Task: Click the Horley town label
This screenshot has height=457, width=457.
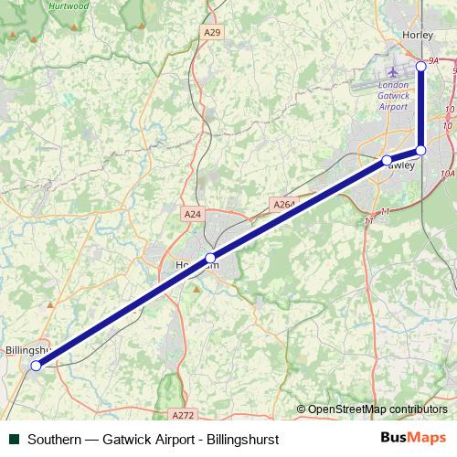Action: pyautogui.click(x=417, y=35)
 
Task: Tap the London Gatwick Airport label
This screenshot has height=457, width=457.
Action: pyautogui.click(x=394, y=96)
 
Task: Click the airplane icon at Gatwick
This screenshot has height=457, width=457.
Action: pyautogui.click(x=394, y=70)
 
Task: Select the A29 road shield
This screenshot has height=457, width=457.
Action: pyautogui.click(x=212, y=33)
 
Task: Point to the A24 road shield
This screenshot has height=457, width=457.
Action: pyautogui.click(x=192, y=214)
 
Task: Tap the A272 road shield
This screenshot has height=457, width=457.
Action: pyautogui.click(x=183, y=414)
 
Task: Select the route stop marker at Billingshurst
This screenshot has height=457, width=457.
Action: pyautogui.click(x=37, y=366)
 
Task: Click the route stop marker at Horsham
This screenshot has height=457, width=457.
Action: pyautogui.click(x=210, y=258)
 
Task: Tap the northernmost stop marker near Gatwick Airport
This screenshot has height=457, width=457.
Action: pyautogui.click(x=421, y=66)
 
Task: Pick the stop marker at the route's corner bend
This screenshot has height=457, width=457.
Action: pyautogui.click(x=421, y=150)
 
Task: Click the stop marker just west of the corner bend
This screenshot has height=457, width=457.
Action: pyautogui.click(x=387, y=160)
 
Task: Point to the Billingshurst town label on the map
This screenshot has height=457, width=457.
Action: pyautogui.click(x=26, y=350)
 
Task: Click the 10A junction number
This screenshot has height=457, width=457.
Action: pyautogui.click(x=447, y=173)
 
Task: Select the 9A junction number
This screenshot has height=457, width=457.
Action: pyautogui.click(x=433, y=60)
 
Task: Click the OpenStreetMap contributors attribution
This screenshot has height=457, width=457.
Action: pyautogui.click(x=377, y=409)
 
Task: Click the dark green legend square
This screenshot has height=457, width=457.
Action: pyautogui.click(x=14, y=439)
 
